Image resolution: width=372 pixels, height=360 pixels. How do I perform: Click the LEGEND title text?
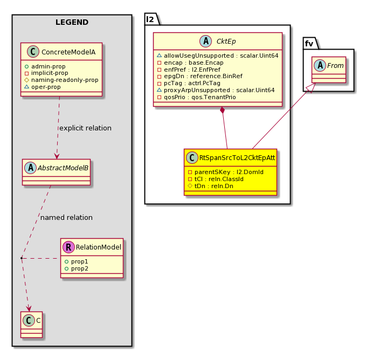[x=72, y=22]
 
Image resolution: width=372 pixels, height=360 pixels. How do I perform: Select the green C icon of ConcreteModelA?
[x=33, y=52]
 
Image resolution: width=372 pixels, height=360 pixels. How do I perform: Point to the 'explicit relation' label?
[x=85, y=128]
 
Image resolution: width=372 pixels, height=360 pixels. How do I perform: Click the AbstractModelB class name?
[x=63, y=168]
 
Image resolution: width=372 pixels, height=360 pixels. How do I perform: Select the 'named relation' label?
[x=66, y=218]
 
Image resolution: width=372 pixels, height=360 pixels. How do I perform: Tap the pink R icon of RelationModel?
[x=68, y=247]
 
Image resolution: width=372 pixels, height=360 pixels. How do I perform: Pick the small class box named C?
[x=32, y=324]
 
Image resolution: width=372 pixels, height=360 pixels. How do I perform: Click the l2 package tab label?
[x=150, y=19]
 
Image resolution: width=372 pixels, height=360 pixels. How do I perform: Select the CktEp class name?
[x=226, y=41]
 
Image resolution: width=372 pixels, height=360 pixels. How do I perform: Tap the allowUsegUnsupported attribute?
[x=218, y=56]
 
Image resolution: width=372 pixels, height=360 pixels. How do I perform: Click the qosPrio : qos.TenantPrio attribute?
[x=196, y=97]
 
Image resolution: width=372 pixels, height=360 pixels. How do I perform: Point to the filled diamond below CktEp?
[x=222, y=110]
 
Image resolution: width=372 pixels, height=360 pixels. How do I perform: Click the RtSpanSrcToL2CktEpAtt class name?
[x=237, y=158]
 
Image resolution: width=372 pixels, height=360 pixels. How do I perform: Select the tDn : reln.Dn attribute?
[x=210, y=186]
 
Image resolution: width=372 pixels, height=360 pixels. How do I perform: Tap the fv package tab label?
[x=309, y=44]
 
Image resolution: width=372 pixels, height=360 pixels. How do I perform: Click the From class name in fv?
[x=335, y=65]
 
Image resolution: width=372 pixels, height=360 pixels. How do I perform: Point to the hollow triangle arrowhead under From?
[x=311, y=88]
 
